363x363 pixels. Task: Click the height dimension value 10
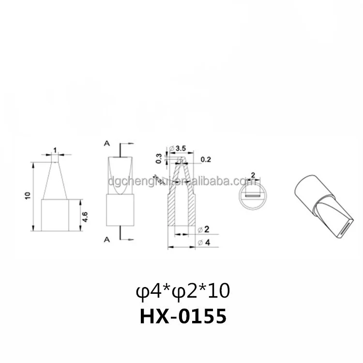(28, 196)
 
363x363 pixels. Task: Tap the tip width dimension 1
(55, 150)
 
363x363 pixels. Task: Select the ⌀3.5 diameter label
(178, 148)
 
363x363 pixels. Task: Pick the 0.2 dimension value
(205, 159)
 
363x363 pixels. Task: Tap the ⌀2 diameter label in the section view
(203, 228)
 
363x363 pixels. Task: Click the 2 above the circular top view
(253, 174)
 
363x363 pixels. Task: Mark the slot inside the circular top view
(252, 196)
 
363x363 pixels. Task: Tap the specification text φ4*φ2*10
(182, 291)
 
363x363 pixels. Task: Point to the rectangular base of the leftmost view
(55, 215)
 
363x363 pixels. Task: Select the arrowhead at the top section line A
(131, 143)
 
